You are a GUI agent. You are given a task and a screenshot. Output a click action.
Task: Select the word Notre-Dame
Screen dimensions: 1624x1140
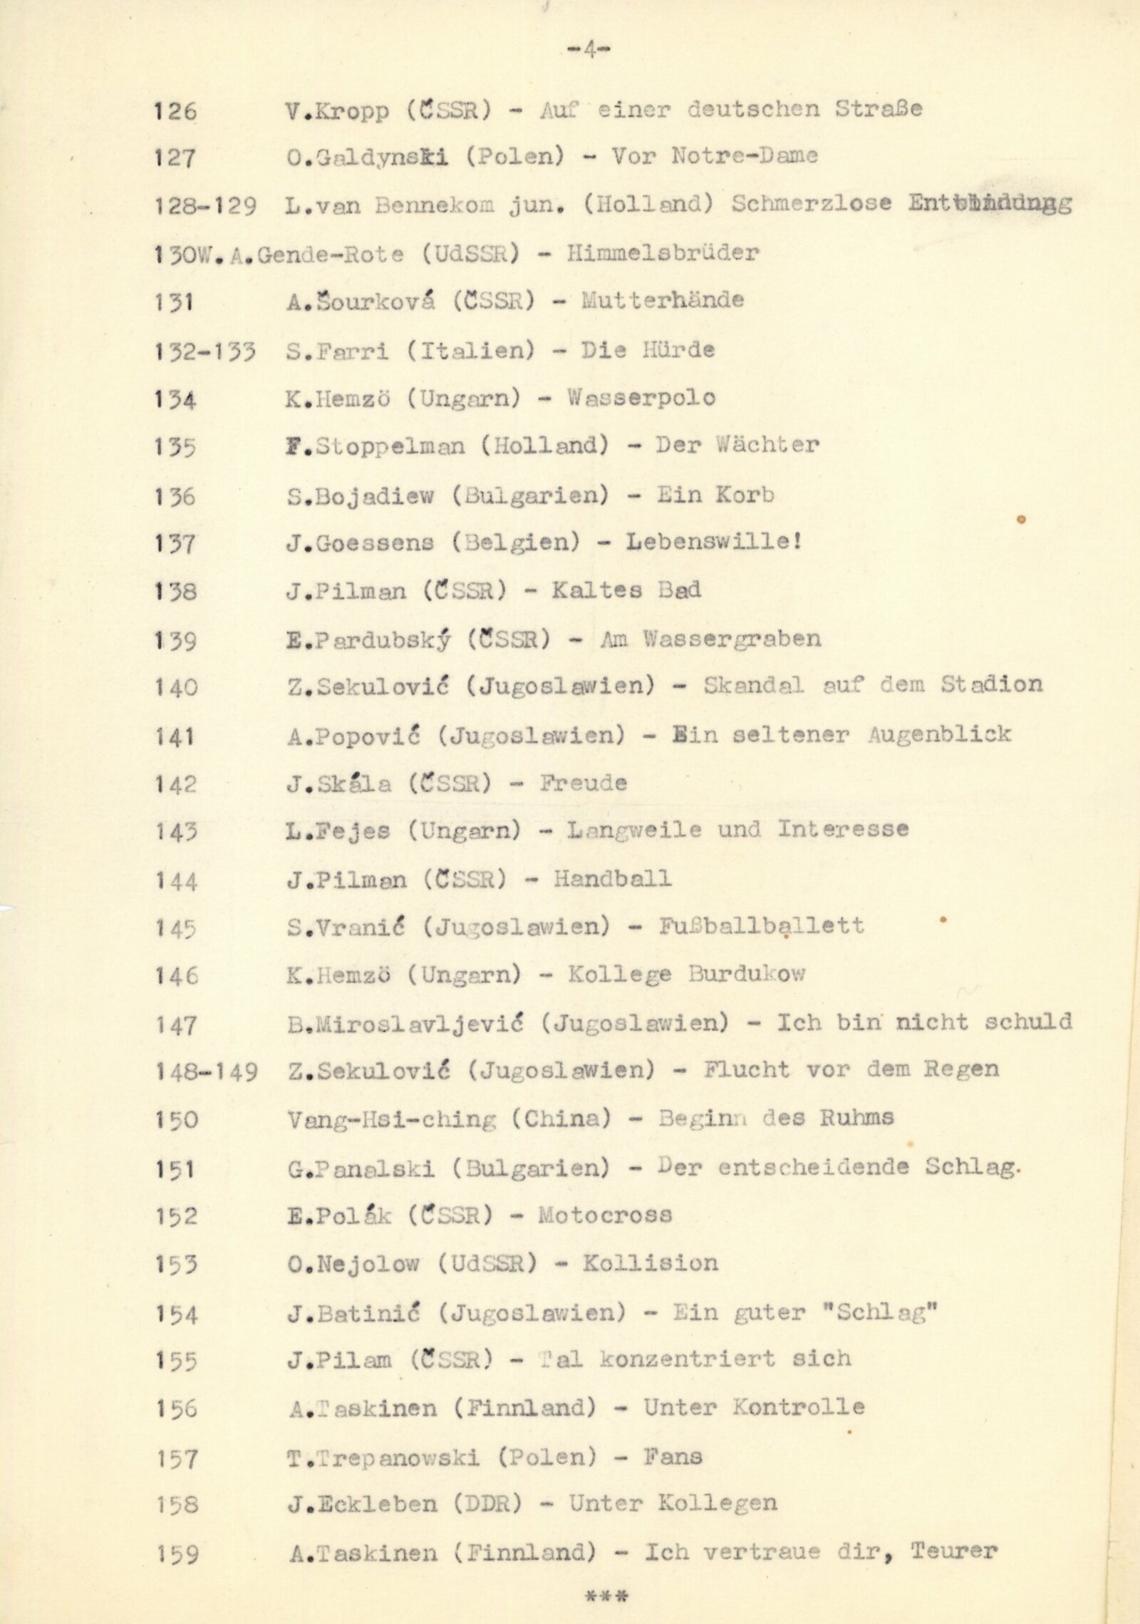745,156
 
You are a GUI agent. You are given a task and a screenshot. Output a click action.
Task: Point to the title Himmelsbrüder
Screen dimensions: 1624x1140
663,252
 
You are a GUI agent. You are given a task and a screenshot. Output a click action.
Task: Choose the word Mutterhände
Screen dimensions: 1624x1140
663,300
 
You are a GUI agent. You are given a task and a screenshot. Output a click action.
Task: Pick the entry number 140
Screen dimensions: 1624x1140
175,687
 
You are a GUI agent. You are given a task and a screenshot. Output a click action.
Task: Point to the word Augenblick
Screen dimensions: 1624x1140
938,734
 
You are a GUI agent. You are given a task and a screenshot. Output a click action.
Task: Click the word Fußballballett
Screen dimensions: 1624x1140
762,926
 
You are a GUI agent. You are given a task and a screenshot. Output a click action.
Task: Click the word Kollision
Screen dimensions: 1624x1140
650,1263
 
